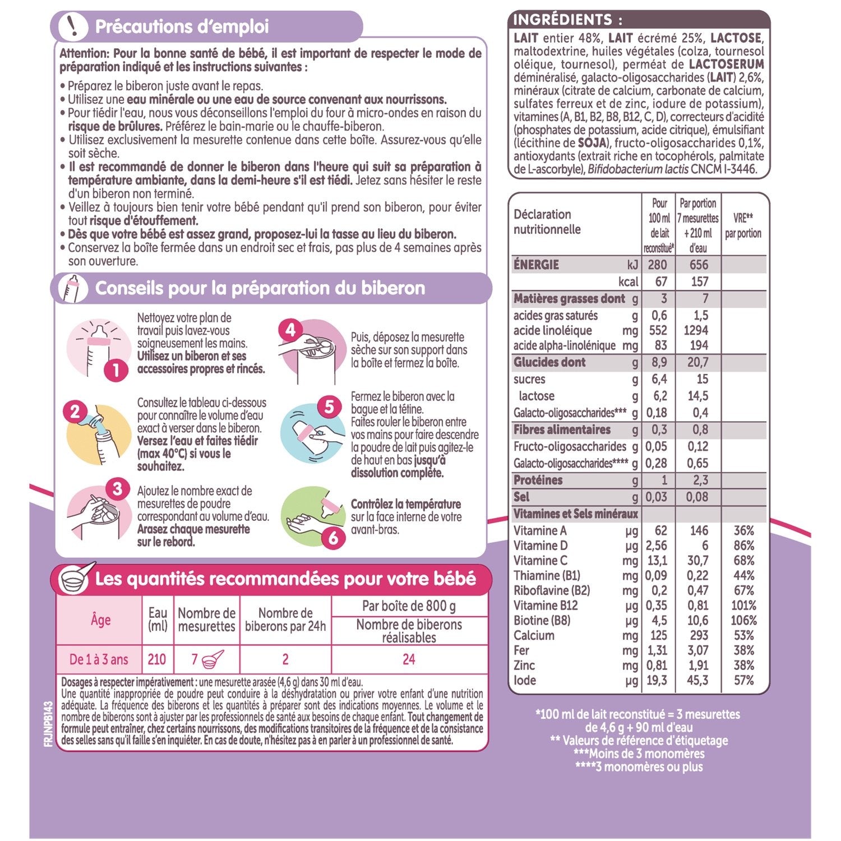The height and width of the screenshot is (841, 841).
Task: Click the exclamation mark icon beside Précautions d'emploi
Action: click(72, 26)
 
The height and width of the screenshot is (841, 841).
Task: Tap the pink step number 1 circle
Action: click(116, 370)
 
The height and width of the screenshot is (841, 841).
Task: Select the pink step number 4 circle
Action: click(290, 330)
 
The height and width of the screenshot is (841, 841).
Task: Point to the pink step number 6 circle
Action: click(334, 538)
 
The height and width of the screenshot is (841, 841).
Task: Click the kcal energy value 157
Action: click(699, 281)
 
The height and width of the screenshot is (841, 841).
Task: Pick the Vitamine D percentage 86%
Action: click(744, 546)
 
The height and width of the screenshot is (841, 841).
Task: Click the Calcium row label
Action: click(534, 635)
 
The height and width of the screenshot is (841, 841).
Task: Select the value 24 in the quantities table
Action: click(409, 659)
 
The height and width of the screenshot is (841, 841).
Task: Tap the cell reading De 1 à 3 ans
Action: click(99, 659)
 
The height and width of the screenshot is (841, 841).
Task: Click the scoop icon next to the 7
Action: click(212, 658)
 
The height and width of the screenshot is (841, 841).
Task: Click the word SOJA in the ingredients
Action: click(592, 143)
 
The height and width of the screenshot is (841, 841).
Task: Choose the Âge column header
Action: click(100, 620)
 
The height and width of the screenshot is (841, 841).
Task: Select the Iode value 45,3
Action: click(698, 680)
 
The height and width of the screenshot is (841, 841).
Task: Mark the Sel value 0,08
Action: click(697, 497)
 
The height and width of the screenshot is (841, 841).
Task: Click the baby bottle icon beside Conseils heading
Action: click(73, 288)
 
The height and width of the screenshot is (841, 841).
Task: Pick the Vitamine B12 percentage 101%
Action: click(744, 606)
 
